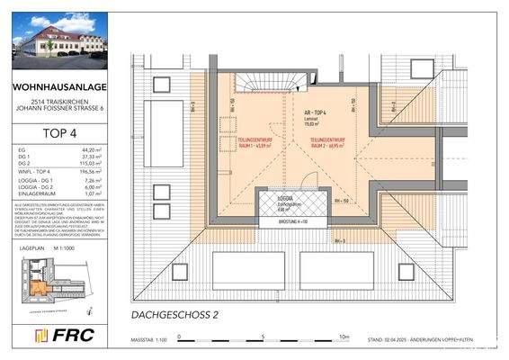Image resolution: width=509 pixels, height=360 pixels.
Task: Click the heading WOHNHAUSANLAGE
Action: pos(58,87)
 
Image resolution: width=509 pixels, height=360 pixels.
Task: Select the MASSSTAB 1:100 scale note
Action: pos(144,339)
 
